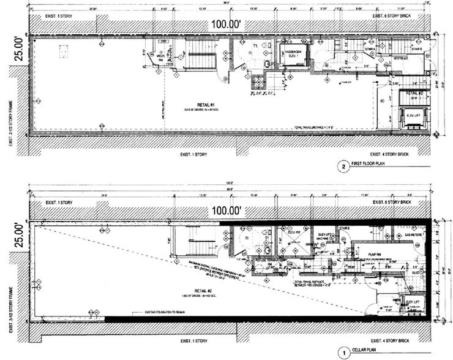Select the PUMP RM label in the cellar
(375, 252)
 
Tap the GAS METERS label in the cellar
(410, 235)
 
